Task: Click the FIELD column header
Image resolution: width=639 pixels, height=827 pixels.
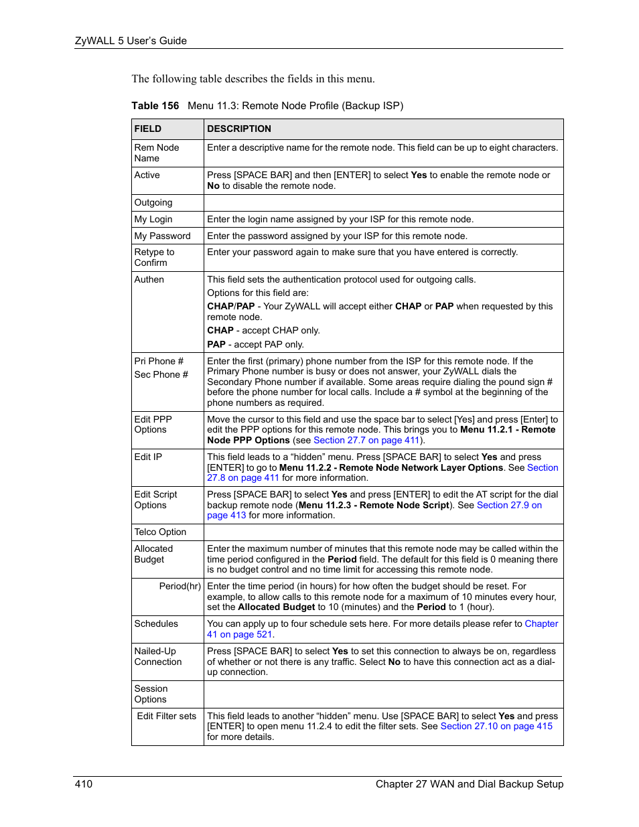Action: pos(148,129)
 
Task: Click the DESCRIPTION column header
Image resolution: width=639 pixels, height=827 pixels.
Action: pos(239,129)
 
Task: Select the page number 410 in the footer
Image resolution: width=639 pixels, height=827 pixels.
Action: pos(84,783)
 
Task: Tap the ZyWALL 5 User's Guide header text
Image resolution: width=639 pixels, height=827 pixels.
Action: pos(131,41)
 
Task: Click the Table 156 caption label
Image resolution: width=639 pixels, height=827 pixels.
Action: pos(155,106)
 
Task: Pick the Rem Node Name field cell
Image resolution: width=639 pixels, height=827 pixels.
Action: pos(157,153)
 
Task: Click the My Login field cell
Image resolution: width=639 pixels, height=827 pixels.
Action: pos(153,219)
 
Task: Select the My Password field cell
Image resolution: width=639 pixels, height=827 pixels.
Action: pos(162,236)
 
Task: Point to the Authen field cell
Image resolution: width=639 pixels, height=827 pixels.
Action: pos(149,279)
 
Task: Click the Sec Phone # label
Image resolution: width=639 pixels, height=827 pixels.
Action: pos(161,374)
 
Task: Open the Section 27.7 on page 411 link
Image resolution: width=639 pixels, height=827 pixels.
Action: pos(366,440)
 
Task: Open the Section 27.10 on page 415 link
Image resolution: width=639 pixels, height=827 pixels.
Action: pos(496,726)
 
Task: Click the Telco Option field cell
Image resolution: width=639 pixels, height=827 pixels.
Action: pos(160,532)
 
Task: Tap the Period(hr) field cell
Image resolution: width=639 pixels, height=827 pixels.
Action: pos(180,586)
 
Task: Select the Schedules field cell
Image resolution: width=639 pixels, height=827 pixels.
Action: pos(156,623)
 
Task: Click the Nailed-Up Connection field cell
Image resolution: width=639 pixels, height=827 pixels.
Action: pos(157,656)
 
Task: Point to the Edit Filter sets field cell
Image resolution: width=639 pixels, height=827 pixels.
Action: pos(167,716)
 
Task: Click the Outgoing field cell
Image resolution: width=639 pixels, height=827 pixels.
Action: pos(153,202)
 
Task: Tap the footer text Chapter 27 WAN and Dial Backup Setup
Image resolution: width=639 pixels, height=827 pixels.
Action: pos(469,783)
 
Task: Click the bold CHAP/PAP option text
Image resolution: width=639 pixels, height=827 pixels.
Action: pos(231,306)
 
